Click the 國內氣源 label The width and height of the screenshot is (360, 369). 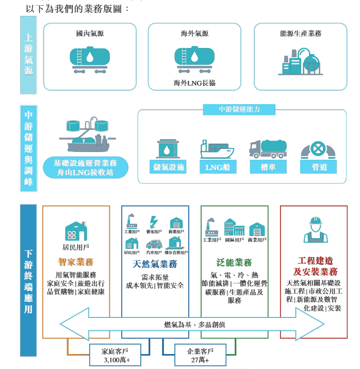(89, 33)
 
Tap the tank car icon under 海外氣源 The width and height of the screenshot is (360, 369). (194, 58)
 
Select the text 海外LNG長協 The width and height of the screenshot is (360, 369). (194, 82)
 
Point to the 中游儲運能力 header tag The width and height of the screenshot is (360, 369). (239, 109)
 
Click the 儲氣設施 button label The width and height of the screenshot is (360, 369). (169, 166)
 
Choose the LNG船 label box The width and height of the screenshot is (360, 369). (217, 166)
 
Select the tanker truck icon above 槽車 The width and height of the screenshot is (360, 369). (267, 148)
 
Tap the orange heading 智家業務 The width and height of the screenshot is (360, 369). (76, 261)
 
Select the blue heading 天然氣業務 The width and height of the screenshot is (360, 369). (155, 264)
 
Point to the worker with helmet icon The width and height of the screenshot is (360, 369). (315, 229)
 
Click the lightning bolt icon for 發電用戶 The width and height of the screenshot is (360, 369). (154, 222)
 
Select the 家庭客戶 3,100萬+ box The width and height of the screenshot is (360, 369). (114, 355)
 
